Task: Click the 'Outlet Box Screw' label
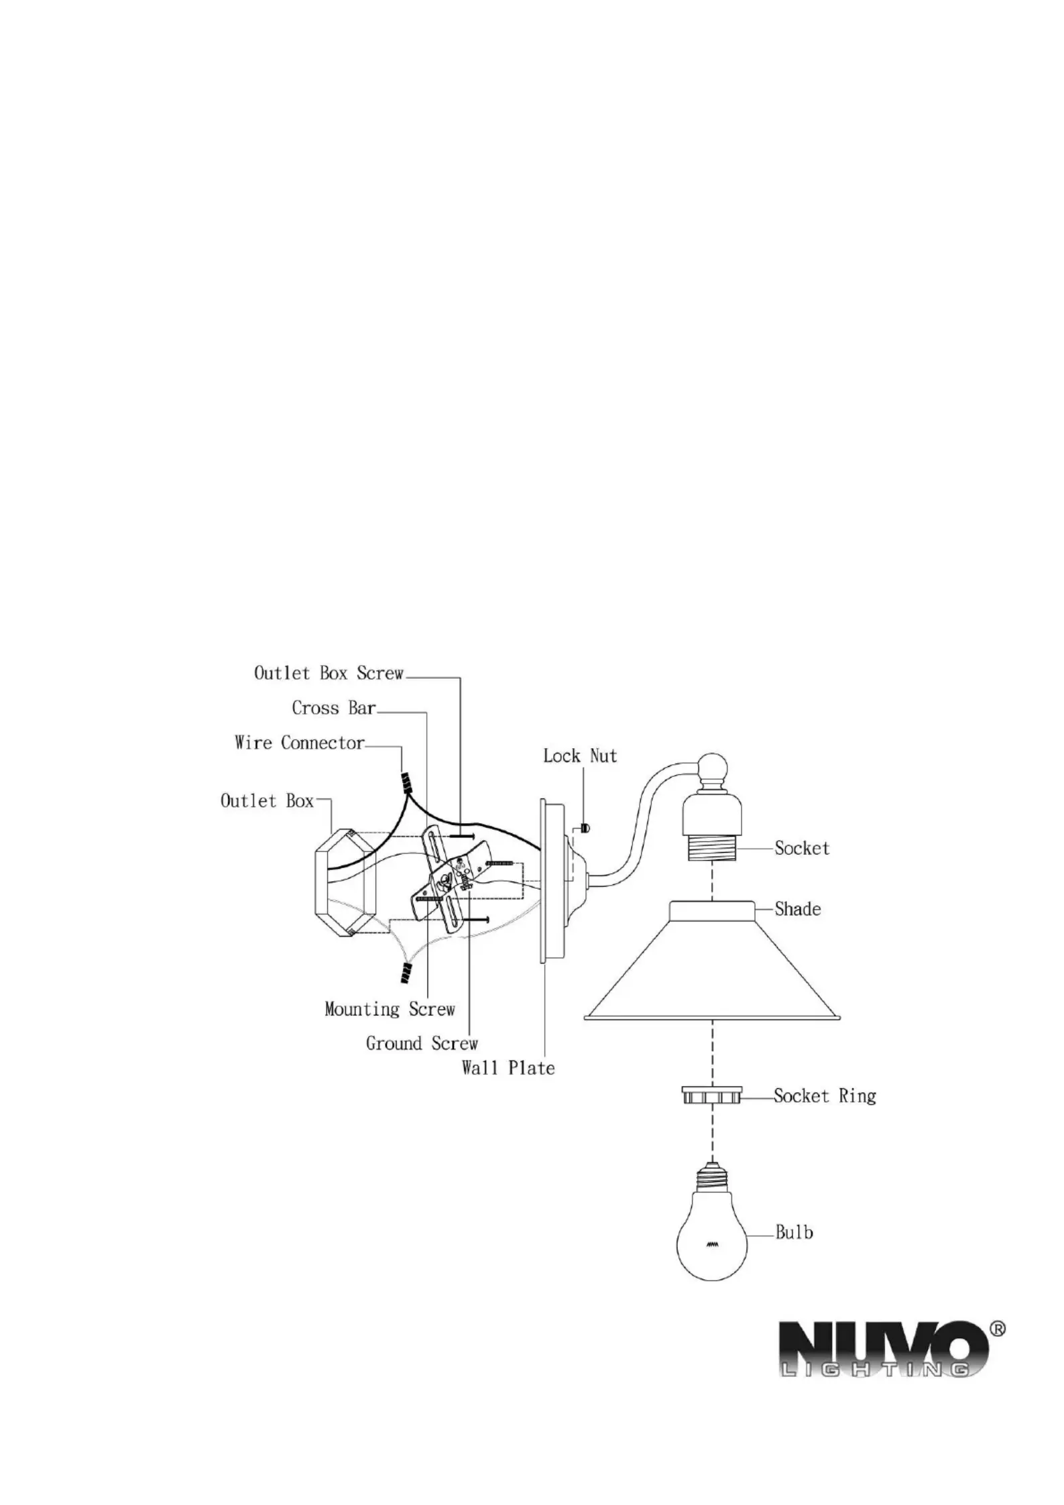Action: (329, 673)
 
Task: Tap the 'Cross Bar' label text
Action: (334, 708)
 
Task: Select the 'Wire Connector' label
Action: (300, 743)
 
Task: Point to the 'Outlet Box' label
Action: (267, 800)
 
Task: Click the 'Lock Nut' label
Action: (580, 756)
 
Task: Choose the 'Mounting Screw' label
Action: (390, 1009)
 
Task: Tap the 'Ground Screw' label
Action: (422, 1043)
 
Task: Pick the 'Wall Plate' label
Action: (508, 1068)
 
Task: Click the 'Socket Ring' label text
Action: (825, 1096)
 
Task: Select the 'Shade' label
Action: (798, 909)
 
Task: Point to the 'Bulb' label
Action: (794, 1232)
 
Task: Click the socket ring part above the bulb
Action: (711, 1095)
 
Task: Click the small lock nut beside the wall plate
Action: (585, 829)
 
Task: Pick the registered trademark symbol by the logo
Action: (998, 1328)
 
